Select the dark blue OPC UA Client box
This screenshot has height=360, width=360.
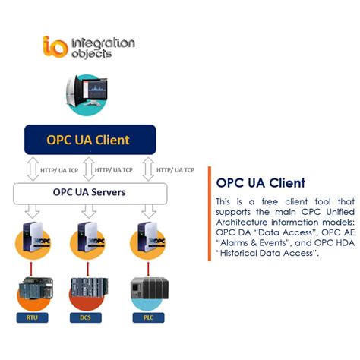tap(90, 140)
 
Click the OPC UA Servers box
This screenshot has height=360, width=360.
tap(90, 193)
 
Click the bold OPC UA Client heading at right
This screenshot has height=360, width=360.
tap(261, 183)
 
